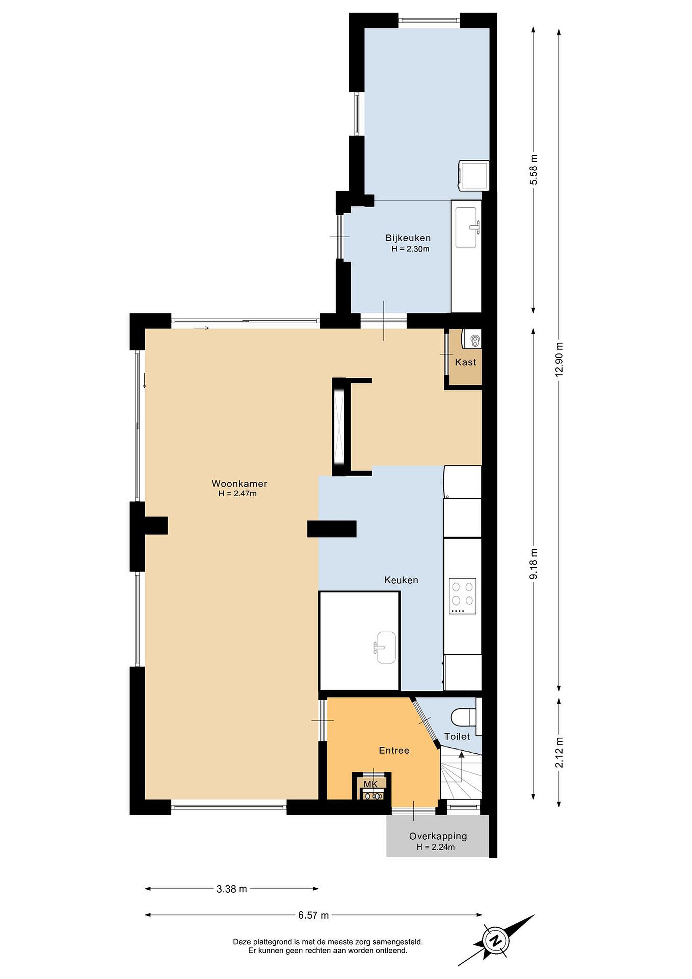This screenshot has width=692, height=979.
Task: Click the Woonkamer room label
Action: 239,483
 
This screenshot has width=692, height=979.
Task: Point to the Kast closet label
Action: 465,362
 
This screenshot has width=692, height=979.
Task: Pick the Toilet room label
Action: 457,736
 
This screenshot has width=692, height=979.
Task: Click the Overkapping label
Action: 438,836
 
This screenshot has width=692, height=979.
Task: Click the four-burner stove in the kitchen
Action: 462,596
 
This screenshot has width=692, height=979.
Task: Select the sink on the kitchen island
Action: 386,647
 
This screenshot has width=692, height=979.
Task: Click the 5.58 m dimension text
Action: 533,169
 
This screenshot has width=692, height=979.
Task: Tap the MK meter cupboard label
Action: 370,784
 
